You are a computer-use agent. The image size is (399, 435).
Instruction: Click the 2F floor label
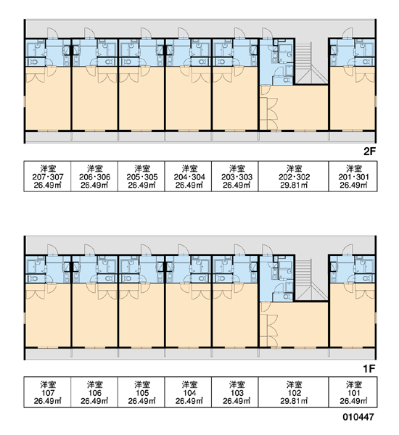[369, 152]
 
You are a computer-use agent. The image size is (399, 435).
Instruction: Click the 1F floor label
[369, 369]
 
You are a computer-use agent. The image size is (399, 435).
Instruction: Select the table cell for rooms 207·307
[47, 176]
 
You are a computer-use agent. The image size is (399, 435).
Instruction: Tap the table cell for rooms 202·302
[294, 176]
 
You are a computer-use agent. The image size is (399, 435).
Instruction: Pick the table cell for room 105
[141, 392]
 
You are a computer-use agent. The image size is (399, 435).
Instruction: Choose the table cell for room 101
[353, 392]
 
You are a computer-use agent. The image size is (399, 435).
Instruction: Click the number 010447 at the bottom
[358, 417]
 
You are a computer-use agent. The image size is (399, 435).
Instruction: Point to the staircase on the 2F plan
[311, 63]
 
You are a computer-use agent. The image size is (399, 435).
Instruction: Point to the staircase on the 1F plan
[311, 280]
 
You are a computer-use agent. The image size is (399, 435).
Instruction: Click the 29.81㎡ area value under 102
[294, 401]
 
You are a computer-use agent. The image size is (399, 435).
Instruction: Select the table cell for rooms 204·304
[188, 176]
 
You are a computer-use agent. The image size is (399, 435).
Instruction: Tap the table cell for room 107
[47, 392]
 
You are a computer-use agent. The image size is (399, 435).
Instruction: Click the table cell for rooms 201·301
[353, 176]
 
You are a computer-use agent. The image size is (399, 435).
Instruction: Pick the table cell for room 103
[235, 392]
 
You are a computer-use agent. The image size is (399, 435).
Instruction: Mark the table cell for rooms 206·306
[94, 176]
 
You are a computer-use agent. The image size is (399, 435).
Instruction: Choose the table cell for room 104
[188, 392]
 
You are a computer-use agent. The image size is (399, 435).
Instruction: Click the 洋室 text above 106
[95, 384]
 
